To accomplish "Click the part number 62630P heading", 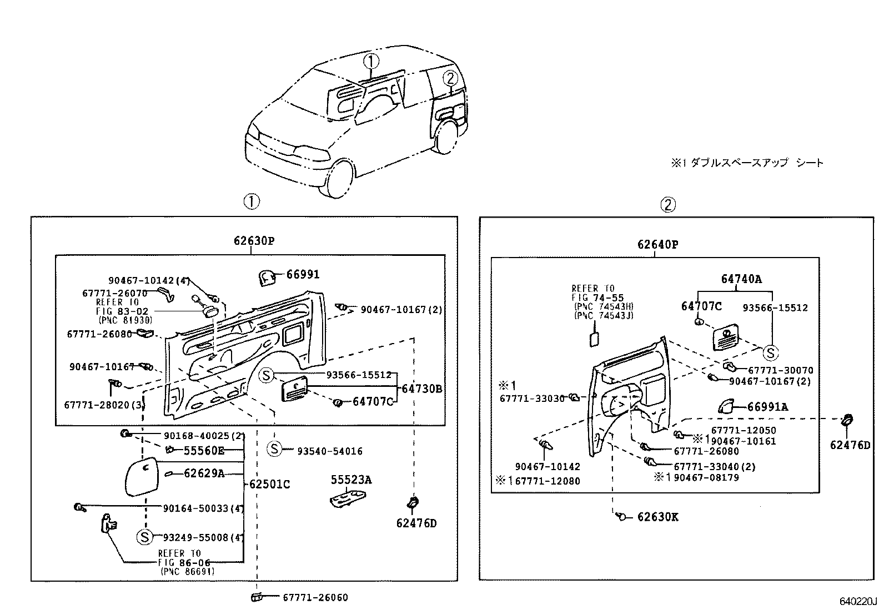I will (x=254, y=241).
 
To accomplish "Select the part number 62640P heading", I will (x=657, y=244).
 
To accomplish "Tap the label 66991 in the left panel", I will (x=303, y=274).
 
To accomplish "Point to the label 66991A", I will (x=767, y=407).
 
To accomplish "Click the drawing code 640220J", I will (x=857, y=602).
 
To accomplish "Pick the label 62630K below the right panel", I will (x=657, y=517).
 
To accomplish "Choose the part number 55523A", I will (x=351, y=480).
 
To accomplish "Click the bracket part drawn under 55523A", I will (x=348, y=498).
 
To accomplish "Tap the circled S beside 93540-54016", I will (x=275, y=448).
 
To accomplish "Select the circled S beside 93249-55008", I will (x=144, y=537).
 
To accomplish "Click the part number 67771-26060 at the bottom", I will (x=315, y=597).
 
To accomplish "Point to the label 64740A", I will (x=741, y=279).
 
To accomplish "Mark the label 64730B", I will (x=422, y=389).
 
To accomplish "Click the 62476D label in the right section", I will (x=850, y=445).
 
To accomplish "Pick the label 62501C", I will (x=269, y=484).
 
